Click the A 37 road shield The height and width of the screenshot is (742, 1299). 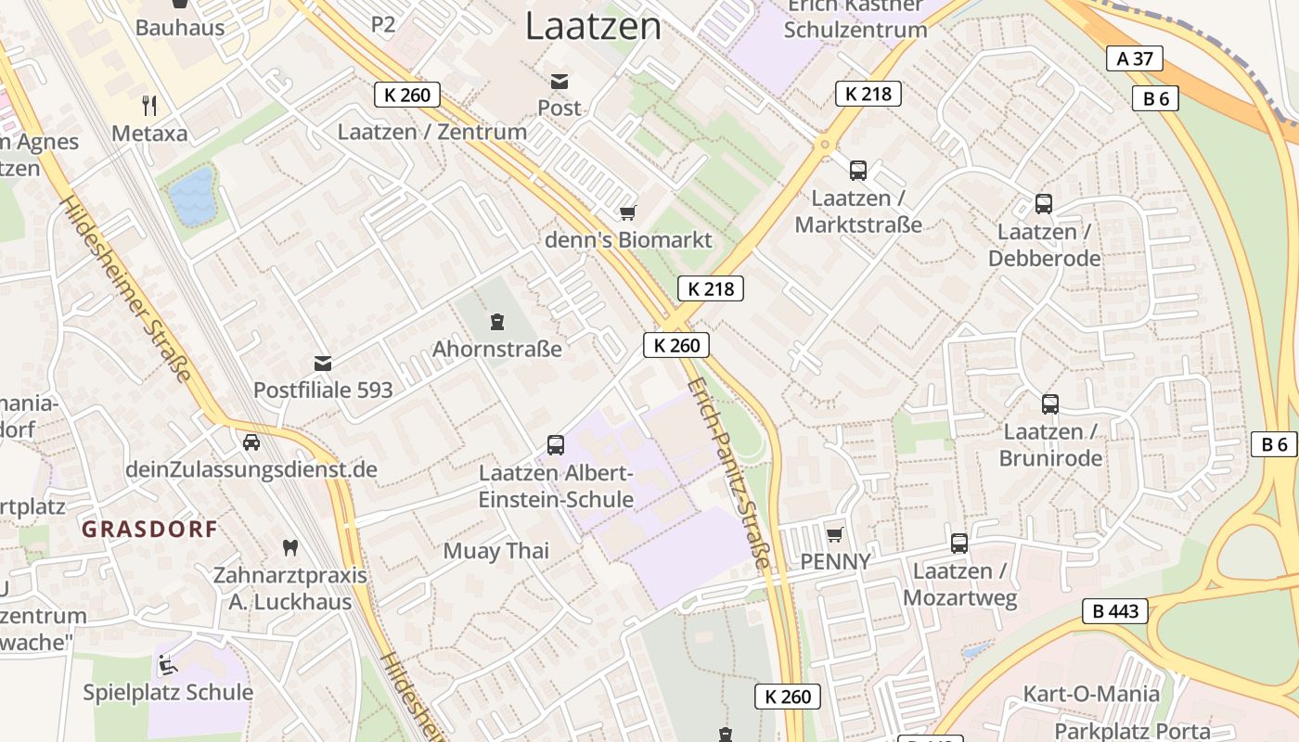[x=1135, y=58]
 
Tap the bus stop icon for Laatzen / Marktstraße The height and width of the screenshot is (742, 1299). [x=858, y=171]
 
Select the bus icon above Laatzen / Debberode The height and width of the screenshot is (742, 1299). [x=1044, y=204]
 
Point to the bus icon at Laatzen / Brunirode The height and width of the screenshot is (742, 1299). [x=1050, y=404]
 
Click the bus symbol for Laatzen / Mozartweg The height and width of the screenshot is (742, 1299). [x=959, y=544]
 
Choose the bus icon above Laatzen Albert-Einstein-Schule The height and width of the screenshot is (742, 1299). [x=556, y=445]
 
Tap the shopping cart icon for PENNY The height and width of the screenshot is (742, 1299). [x=834, y=534]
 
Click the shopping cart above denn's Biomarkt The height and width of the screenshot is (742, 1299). [x=628, y=213]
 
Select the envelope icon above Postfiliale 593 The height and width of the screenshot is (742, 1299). [x=323, y=363]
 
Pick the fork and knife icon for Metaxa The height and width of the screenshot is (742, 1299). [x=148, y=106]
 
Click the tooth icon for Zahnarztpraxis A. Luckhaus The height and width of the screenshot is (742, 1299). [x=289, y=547]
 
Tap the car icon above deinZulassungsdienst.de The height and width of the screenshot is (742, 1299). [x=251, y=442]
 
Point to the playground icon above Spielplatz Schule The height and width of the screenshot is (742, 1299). [x=168, y=664]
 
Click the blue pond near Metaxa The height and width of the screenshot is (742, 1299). [x=192, y=196]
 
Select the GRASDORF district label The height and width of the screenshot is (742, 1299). [x=149, y=530]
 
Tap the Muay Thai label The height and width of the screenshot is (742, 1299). [x=496, y=551]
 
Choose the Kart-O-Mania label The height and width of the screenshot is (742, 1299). [x=1091, y=694]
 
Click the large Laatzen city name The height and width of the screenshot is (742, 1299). [x=594, y=26]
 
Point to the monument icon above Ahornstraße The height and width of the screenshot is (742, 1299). [x=497, y=322]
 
